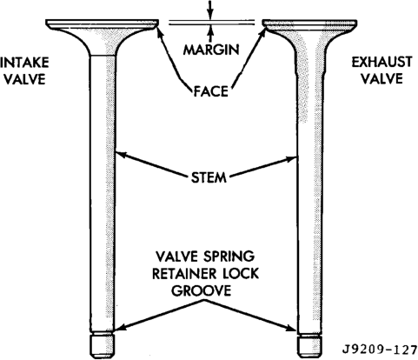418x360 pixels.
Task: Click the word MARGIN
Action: coord(211,50)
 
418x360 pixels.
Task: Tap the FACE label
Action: coord(210,91)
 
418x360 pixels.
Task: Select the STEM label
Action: coord(209,177)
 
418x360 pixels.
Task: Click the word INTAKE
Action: coord(24,63)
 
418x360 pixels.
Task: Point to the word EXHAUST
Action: coord(382,63)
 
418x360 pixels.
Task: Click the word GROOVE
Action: coord(202,290)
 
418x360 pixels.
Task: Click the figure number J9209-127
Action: coord(380,350)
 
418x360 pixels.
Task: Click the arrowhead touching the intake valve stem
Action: coord(121,154)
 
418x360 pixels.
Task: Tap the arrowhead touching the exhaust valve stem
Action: coord(292,158)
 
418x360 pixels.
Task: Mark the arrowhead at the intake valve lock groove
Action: coord(121,328)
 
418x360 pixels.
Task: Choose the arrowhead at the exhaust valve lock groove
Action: coord(292,328)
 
